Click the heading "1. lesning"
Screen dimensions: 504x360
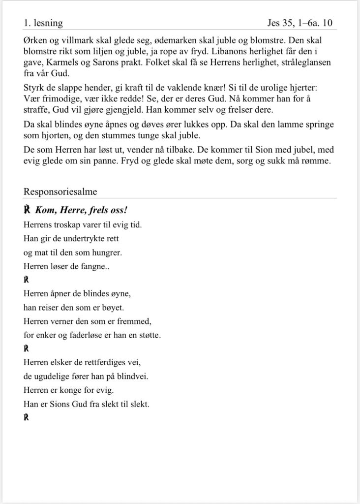click(x=43, y=23)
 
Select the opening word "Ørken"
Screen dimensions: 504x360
click(x=34, y=39)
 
